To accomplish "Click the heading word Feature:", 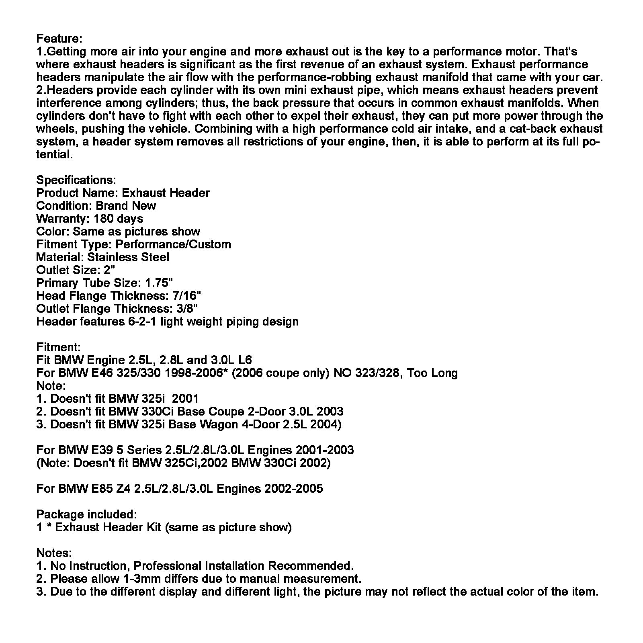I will pyautogui.click(x=59, y=39).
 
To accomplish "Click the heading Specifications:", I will pyautogui.click(x=76, y=180).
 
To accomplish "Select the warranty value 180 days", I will pyautogui.click(x=118, y=219).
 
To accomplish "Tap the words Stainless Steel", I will pyautogui.click(x=128, y=257).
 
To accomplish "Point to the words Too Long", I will pyautogui.click(x=432, y=373).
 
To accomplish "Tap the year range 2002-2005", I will pyautogui.click(x=293, y=489).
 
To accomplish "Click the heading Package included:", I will pyautogui.click(x=86, y=514).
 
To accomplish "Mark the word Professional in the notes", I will pyautogui.click(x=167, y=566).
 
